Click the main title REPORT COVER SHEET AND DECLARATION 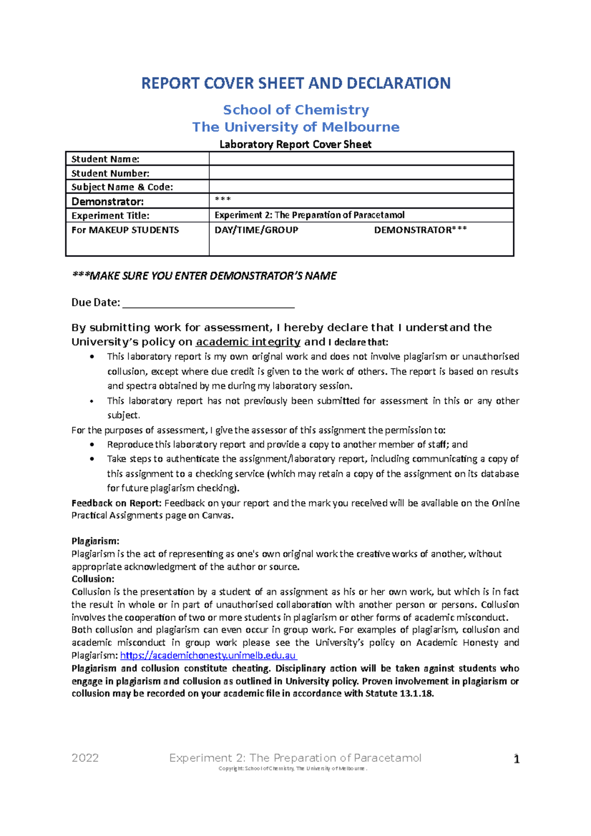point(295,83)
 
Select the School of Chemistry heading point(295,110)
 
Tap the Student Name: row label point(105,159)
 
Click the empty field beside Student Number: point(361,173)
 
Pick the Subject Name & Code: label point(122,187)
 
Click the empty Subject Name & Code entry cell point(361,187)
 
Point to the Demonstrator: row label point(107,201)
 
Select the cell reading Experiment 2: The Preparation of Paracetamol point(309,215)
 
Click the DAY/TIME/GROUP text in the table point(256,230)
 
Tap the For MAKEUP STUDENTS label point(125,230)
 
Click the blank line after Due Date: point(208,303)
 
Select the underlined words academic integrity point(248,342)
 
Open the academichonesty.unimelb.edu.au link point(208,655)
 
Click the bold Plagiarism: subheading point(95,541)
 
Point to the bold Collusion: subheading point(93,579)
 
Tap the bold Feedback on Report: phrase point(116,503)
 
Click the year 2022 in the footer point(85,758)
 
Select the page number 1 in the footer point(516,759)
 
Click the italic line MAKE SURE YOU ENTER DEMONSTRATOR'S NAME point(204,276)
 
